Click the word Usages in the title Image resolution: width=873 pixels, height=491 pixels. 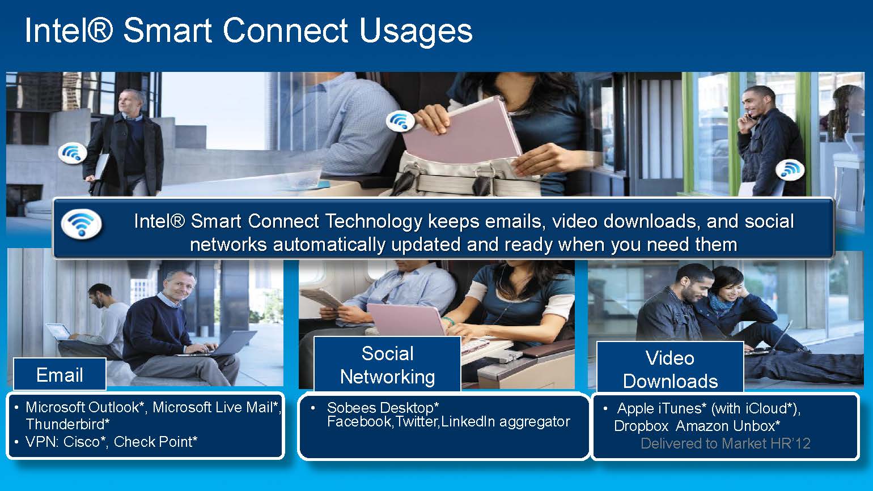click(416, 32)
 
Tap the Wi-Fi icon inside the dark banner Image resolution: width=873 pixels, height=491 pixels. click(82, 224)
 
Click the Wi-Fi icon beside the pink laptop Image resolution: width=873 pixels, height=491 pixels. click(400, 121)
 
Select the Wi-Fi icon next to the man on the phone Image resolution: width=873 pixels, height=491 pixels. click(790, 169)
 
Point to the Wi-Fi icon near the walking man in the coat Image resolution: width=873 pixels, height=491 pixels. click(72, 153)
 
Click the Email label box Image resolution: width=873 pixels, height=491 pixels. click(60, 374)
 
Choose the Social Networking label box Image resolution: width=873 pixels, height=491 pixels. click(387, 365)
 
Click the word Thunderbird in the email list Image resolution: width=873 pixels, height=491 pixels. click(67, 424)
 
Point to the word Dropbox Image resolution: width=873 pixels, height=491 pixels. click(641, 426)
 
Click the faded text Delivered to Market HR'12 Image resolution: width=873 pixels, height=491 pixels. click(725, 443)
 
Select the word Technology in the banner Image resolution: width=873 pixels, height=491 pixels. click(374, 221)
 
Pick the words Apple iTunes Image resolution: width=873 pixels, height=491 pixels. click(662, 408)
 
